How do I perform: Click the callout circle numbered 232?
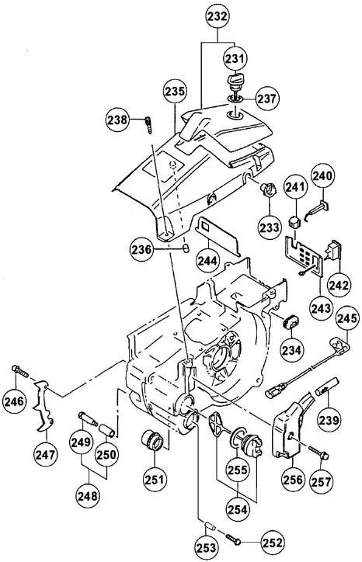[x=218, y=16]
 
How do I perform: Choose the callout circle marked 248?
[x=88, y=496]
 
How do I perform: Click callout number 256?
[x=293, y=479]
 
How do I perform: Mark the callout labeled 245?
[x=347, y=318]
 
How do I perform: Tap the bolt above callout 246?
[x=20, y=370]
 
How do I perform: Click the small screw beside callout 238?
[x=147, y=124]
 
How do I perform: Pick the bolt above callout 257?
[x=318, y=452]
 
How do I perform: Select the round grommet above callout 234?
[x=291, y=321]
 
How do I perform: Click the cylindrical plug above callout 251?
[x=153, y=439]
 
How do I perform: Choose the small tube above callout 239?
[x=326, y=386]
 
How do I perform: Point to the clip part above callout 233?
[x=268, y=189]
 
